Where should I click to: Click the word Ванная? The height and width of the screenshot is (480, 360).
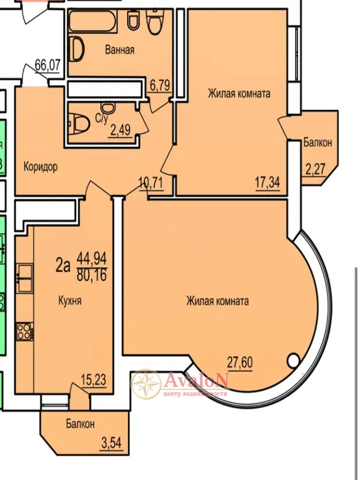click(x=119, y=50)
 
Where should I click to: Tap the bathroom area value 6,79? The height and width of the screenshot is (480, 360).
click(x=160, y=85)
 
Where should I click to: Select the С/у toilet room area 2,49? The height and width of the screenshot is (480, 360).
click(x=120, y=130)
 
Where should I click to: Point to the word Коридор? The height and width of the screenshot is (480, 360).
click(x=41, y=167)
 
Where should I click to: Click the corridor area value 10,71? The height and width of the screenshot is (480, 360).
click(x=151, y=184)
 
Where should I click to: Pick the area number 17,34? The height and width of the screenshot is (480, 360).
click(x=268, y=183)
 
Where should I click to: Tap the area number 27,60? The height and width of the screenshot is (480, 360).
click(x=240, y=363)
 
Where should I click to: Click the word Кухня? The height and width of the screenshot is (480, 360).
click(x=70, y=301)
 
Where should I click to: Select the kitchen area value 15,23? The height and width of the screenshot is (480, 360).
click(x=94, y=380)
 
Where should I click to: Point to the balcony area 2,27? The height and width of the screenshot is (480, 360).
click(x=315, y=169)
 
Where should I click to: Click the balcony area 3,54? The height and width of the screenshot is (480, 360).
click(x=112, y=443)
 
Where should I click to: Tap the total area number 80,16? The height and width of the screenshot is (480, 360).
click(x=92, y=275)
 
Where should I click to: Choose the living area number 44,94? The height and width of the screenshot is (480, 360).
click(x=92, y=259)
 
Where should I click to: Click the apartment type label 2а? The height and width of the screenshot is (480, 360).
click(x=63, y=266)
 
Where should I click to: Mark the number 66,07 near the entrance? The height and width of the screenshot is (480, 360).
click(x=48, y=65)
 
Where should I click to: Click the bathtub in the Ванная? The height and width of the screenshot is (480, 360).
click(x=92, y=22)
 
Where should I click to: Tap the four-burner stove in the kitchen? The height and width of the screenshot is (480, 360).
click(x=25, y=331)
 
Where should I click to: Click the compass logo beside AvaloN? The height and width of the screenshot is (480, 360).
click(x=146, y=384)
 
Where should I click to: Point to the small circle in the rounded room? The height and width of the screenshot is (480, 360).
click(x=293, y=359)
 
